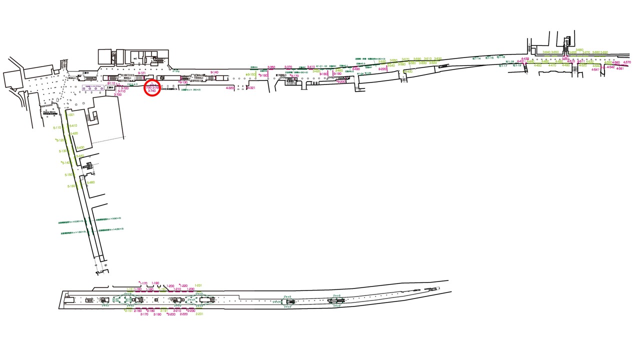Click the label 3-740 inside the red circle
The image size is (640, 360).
pyautogui.click(x=152, y=90)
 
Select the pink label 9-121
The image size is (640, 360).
pyautogui.click(x=141, y=73)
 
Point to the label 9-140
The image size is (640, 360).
pyautogui.click(x=214, y=72)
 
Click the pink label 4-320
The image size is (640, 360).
pyautogui.click(x=230, y=87)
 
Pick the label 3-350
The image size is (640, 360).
pyautogui.click(x=271, y=67)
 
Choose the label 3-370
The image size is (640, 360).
pyautogui.click(x=288, y=67)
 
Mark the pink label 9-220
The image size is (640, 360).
pyautogui.click(x=382, y=68)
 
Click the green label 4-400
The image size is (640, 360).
pyautogui.click(x=408, y=71)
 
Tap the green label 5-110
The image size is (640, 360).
pyautogui.click(x=57, y=127)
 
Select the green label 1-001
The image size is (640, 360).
pyautogui.click(x=70, y=115)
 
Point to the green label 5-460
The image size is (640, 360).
pyautogui.click(x=90, y=182)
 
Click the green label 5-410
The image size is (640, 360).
pyautogui.click(x=73, y=125)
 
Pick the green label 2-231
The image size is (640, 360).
pyautogui.click(x=199, y=314)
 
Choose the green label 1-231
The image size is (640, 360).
pyautogui.click(x=198, y=285)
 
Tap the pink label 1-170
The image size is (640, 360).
pyautogui.click(x=143, y=283)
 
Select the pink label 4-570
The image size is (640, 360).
pyautogui.click(x=627, y=62)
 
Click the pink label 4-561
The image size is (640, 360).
pyautogui.click(x=620, y=68)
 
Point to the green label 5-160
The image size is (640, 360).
pyautogui.click(x=71, y=186)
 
